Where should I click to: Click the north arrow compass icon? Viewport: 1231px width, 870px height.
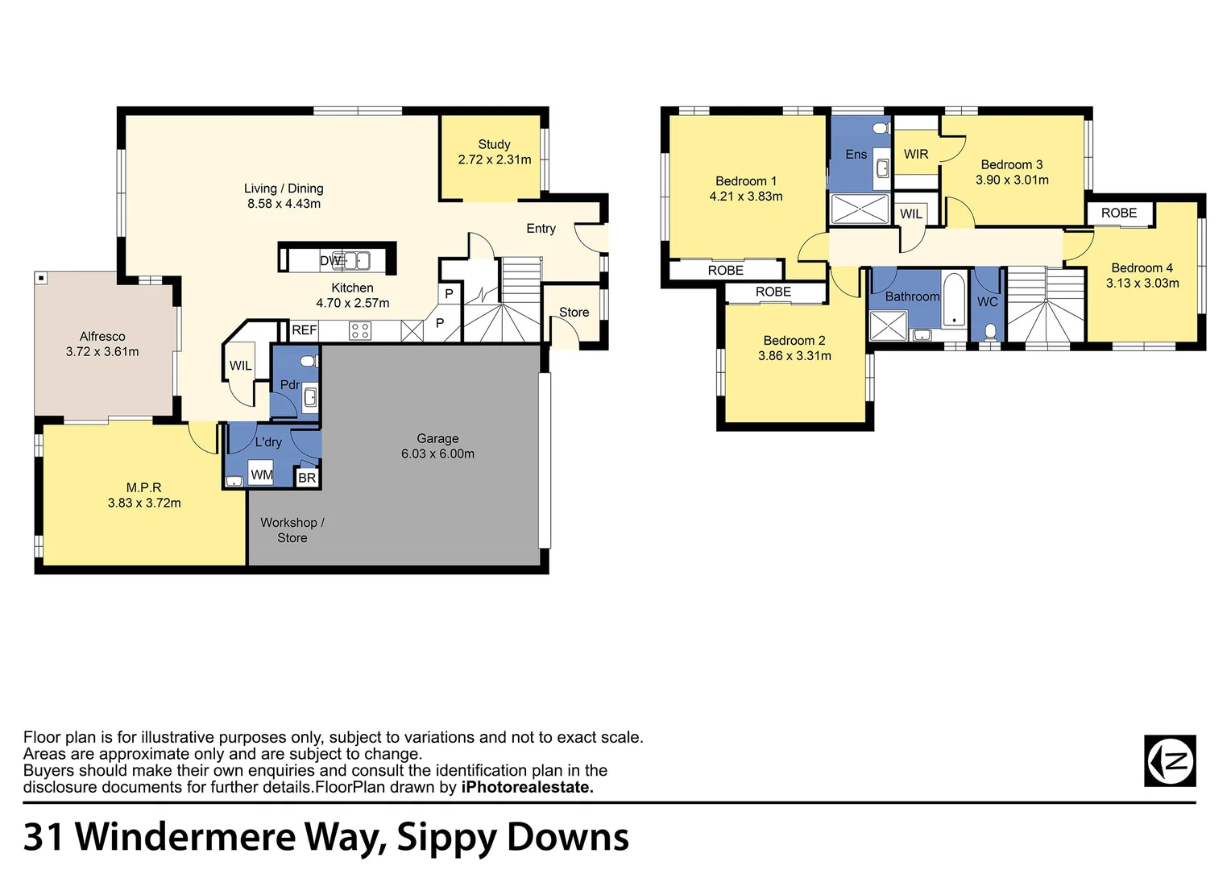pyautogui.click(x=1170, y=760)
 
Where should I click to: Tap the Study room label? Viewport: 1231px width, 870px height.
pyautogui.click(x=494, y=144)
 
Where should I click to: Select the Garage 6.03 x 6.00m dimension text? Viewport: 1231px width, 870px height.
pyautogui.click(x=437, y=454)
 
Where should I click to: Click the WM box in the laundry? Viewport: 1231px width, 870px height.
pyautogui.click(x=261, y=474)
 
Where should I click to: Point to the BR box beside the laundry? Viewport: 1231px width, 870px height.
pyautogui.click(x=307, y=478)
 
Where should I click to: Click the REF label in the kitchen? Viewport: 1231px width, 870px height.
pyautogui.click(x=304, y=330)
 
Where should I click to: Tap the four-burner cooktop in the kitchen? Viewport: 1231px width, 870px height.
pyautogui.click(x=360, y=330)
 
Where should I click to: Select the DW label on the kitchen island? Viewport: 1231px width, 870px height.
pyautogui.click(x=330, y=260)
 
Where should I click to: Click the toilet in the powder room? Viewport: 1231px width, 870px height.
pyautogui.click(x=308, y=361)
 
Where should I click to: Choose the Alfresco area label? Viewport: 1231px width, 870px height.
pyautogui.click(x=102, y=336)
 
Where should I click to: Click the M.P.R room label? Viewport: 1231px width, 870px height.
pyautogui.click(x=143, y=487)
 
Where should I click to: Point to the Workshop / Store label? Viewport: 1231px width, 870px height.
pyautogui.click(x=292, y=530)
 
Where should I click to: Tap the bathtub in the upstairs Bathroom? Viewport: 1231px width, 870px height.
pyautogui.click(x=954, y=300)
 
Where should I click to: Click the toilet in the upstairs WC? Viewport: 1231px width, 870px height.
pyautogui.click(x=990, y=331)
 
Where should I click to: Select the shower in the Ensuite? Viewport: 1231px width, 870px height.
pyautogui.click(x=859, y=209)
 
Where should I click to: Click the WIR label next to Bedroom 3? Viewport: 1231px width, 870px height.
pyautogui.click(x=916, y=154)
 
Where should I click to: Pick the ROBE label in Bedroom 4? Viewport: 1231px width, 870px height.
pyautogui.click(x=1119, y=213)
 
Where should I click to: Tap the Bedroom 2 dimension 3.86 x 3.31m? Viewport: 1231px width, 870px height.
pyautogui.click(x=794, y=355)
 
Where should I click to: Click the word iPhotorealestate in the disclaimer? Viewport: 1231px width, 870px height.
pyautogui.click(x=527, y=787)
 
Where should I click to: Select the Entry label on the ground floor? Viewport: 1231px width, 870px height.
pyautogui.click(x=541, y=229)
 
